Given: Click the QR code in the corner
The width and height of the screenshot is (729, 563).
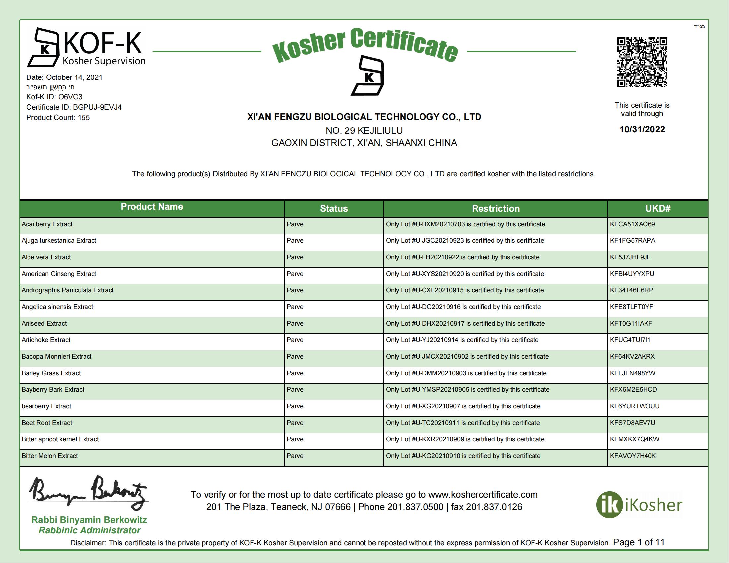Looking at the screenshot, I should pyautogui.click(x=642, y=62).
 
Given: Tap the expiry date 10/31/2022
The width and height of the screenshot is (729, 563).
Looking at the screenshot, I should pyautogui.click(x=642, y=129).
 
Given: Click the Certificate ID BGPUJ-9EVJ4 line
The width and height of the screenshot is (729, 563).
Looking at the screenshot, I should pyautogui.click(x=74, y=107).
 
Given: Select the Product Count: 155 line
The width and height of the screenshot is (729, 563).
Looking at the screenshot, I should pyautogui.click(x=58, y=118).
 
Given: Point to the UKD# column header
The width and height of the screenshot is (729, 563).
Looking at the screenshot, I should pyautogui.click(x=657, y=209).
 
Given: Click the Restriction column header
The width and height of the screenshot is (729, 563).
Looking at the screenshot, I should pyautogui.click(x=495, y=209).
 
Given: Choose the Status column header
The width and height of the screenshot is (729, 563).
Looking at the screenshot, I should pyautogui.click(x=334, y=209).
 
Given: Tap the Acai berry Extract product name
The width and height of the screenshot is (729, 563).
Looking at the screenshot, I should pyautogui.click(x=47, y=224).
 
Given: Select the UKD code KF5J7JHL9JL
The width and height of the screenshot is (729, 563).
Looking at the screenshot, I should pyautogui.click(x=630, y=257).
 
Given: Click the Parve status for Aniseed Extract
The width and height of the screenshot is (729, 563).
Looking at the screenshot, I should pyautogui.click(x=295, y=324).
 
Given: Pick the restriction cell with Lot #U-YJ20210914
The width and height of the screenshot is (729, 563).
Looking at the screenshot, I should pyautogui.click(x=462, y=340).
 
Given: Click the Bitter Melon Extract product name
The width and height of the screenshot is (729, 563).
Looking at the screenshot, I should pyautogui.click(x=50, y=456).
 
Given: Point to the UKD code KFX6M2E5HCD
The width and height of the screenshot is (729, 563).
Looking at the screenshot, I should pyautogui.click(x=633, y=389).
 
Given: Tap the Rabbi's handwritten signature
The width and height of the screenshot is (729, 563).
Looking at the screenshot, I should pyautogui.click(x=88, y=492).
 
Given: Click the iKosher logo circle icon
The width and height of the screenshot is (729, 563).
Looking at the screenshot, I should pyautogui.click(x=609, y=505).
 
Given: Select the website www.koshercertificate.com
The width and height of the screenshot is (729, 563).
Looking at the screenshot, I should pyautogui.click(x=483, y=495).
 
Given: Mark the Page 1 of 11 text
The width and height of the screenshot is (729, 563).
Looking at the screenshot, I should pyautogui.click(x=639, y=542).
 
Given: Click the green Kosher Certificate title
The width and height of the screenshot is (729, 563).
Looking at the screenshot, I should pyautogui.click(x=364, y=46).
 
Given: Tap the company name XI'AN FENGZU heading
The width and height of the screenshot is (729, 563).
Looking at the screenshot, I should pyautogui.click(x=364, y=117).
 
